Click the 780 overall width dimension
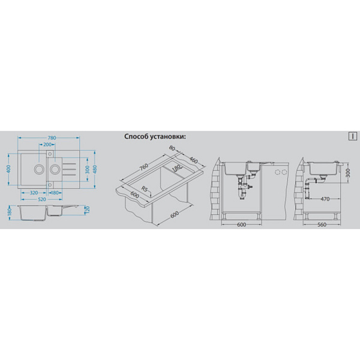tap(52, 138)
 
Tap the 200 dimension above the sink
tap(47, 145)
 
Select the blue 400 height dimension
tap(8, 169)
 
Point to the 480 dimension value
tap(95, 169)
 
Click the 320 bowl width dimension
tap(34, 193)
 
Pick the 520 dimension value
tap(42, 200)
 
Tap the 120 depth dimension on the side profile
tap(87, 209)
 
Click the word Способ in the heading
tap(136, 137)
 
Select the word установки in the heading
tap(167, 137)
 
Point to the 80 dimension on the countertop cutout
tap(172, 148)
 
